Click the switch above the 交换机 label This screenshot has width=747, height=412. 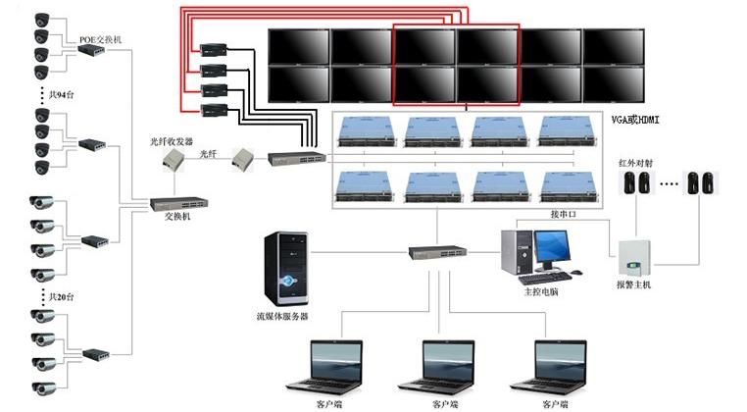pos(178,204)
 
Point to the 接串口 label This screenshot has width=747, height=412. pos(564,212)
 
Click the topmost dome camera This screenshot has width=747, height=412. pos(42,19)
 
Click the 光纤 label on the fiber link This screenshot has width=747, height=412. pos(208,153)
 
